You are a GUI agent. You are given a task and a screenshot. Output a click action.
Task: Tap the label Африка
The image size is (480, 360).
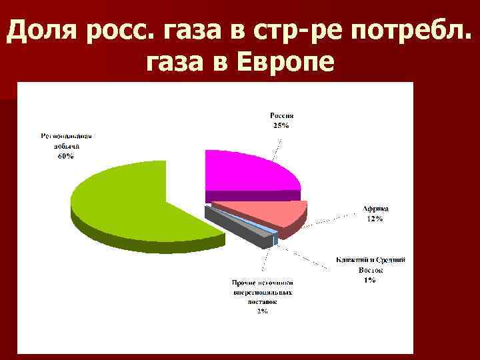[x=375, y=209]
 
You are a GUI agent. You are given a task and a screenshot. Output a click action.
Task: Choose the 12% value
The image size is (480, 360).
[x=375, y=219]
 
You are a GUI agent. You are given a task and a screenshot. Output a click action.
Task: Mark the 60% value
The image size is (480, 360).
[x=65, y=156]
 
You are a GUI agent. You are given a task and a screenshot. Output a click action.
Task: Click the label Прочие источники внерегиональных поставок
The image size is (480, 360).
[x=262, y=291]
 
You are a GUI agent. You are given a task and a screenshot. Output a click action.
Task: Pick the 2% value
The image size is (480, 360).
[x=262, y=310]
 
